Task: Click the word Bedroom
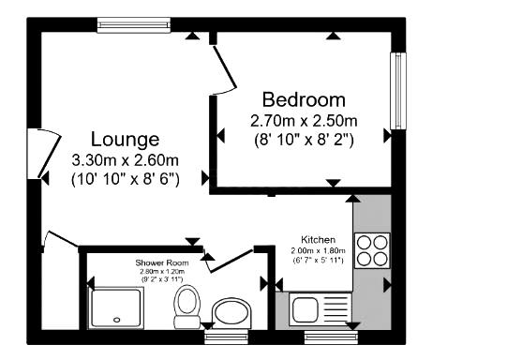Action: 304,99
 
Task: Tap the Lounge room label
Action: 125,140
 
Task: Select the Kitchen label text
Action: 318,239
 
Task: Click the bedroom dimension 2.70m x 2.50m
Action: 304,121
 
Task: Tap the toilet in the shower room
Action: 186,305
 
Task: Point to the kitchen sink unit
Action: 320,307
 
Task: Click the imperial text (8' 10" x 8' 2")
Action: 304,139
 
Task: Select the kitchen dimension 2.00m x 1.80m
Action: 318,250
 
